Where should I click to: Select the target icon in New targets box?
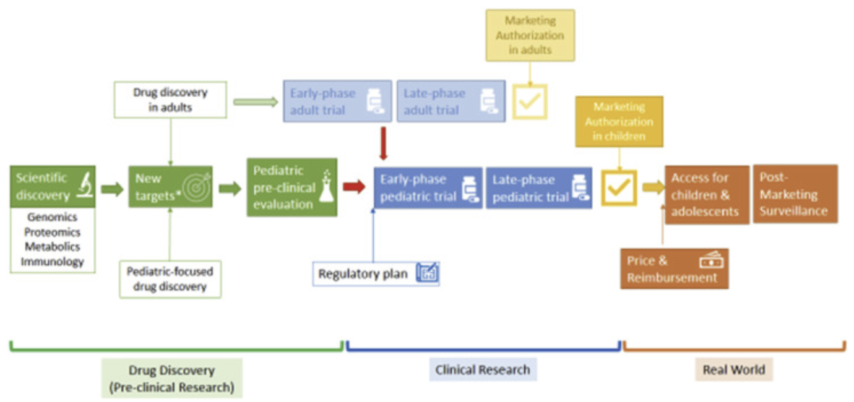pos(197,187)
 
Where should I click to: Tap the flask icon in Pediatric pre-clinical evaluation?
pos(326,188)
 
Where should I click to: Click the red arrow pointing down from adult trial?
pos(383,143)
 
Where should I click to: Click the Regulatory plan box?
pos(376,273)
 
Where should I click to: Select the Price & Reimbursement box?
pos(674,269)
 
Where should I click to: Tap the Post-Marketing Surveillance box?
pos(795,194)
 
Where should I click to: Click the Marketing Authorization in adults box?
pos(530,35)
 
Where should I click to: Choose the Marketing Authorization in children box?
pos(619,121)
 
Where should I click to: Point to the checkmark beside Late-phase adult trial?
pos(529,102)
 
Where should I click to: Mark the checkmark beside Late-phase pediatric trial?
pos(619,188)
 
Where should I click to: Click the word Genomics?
pos(52,218)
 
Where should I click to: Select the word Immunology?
pos(52,262)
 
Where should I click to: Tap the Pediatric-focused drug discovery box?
pos(170,279)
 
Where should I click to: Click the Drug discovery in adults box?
pos(170,100)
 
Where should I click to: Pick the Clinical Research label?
pos(483,370)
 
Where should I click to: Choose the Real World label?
pos(734,370)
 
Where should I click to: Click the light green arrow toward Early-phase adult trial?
pos(256,102)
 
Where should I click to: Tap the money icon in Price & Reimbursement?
pos(710,261)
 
